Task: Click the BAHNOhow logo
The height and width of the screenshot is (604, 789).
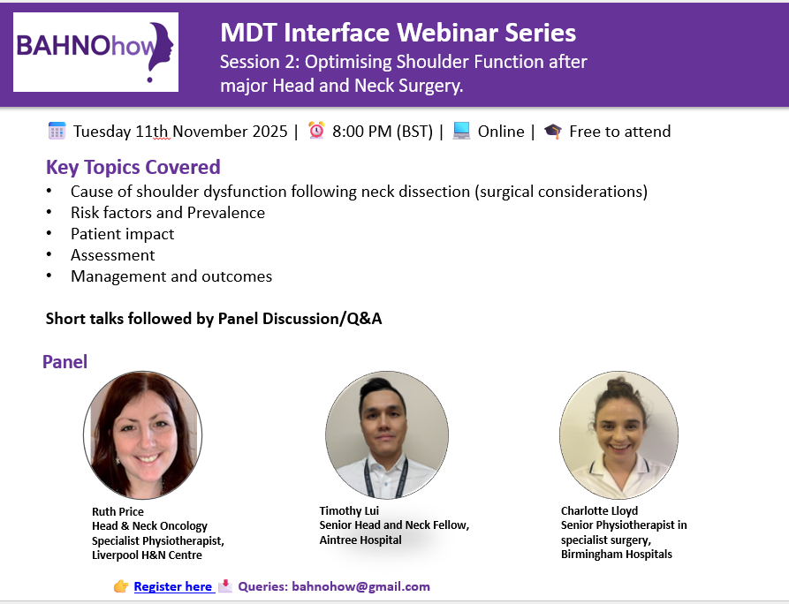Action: pos(95,52)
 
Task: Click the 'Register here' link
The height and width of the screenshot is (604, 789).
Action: pos(172,586)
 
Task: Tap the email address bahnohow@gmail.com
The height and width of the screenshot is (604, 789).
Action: pos(360,586)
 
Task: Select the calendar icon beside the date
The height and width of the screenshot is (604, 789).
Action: pos(57,131)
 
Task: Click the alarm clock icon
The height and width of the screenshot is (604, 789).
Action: pos(316,131)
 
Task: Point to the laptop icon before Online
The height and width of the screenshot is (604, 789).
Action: pos(461,131)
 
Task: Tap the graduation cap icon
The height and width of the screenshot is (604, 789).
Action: pos(552,132)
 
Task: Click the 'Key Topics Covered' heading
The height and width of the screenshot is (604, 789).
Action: pos(133,167)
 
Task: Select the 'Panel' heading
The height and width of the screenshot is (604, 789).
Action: pos(64,361)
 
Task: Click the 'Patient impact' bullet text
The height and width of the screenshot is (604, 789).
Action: pos(122,234)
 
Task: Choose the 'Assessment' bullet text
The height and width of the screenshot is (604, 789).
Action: pos(113,255)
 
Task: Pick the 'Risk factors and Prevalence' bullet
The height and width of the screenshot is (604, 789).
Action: pos(168,213)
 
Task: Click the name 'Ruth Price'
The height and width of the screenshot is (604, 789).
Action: pos(118,511)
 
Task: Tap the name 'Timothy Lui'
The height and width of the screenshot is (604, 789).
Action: pos(349,511)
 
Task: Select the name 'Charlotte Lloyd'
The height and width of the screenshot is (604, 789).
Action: pos(599,511)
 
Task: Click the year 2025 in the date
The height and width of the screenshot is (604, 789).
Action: pos(269,132)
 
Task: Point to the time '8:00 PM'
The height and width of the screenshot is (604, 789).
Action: pos(361,132)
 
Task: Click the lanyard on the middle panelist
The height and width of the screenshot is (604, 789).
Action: pos(385,478)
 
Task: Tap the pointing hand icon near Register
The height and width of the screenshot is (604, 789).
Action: pos(121,586)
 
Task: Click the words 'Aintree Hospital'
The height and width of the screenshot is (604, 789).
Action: pos(360,540)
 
